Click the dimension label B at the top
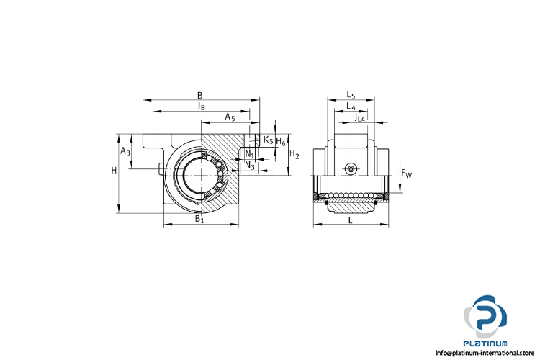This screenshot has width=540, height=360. coord(199,95)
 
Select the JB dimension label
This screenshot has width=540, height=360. coord(202,106)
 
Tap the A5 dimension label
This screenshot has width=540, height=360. coord(230,117)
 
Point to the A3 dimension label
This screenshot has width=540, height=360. coord(125,151)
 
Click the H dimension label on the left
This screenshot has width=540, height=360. coord(114,170)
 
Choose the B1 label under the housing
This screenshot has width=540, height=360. coord(199,218)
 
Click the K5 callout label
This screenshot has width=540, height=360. coord(269,140)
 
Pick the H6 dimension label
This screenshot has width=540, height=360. coord(281,142)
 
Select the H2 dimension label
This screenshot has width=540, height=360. coord(294,154)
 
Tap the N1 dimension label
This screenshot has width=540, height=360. coord(250,154)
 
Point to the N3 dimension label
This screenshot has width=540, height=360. coord(250,166)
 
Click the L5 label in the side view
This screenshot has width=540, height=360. coord(351,94)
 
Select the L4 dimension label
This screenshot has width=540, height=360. coord(351,106)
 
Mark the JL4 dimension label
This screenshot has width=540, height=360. coord(359,118)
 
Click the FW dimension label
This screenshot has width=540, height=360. coord(406,174)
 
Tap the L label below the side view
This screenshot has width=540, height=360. coord(351,220)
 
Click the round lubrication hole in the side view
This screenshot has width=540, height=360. coord(351,168)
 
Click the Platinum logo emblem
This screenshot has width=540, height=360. coord(485,317)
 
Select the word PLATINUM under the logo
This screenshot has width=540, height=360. coord(485,343)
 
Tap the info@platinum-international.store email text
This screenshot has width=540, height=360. coord(485,353)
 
